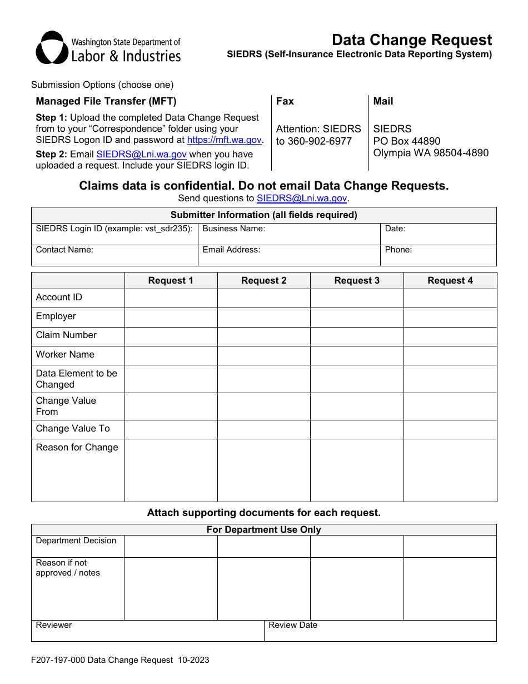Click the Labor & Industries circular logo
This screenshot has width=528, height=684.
coord(52,48)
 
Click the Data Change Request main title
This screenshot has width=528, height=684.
coord(411,40)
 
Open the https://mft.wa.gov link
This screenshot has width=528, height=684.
coord(224,140)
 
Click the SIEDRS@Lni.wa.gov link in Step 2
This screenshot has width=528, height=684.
coord(141,155)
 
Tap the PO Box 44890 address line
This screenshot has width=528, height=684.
coord(406,141)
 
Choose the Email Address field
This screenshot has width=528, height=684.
coord(289,258)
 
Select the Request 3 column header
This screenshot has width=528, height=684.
coord(357,281)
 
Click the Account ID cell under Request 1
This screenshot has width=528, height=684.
coord(171,298)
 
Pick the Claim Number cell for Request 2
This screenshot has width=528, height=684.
coord(263,336)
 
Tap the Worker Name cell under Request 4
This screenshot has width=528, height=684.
coord(450,355)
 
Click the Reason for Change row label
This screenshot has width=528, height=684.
coord(77,448)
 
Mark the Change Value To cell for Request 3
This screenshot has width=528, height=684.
coord(357,429)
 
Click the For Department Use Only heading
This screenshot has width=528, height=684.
coord(263,529)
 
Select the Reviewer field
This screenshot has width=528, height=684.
coord(147,632)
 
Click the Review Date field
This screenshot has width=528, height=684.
coord(380,632)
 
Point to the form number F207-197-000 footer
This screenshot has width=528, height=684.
coord(120,660)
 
